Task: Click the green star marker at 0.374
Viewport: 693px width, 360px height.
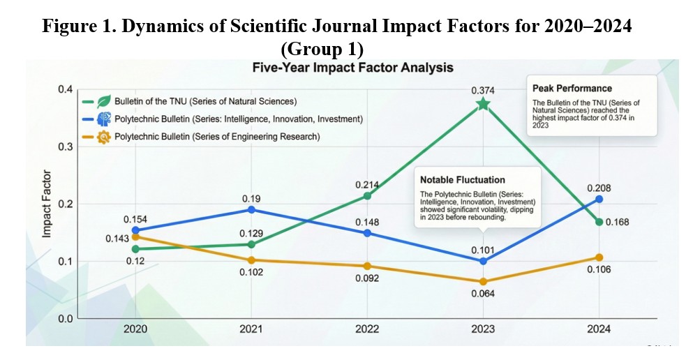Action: click(482, 104)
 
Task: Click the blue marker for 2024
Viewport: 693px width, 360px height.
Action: click(598, 200)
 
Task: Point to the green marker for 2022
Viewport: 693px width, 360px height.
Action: click(366, 196)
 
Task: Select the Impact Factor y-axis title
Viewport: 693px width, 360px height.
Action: click(47, 204)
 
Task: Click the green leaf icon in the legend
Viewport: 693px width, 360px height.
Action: click(103, 100)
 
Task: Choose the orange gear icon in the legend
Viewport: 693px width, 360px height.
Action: click(103, 137)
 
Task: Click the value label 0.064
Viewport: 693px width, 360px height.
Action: click(482, 294)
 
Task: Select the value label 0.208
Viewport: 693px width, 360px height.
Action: click(599, 187)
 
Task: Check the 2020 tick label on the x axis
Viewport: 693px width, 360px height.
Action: click(135, 329)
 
